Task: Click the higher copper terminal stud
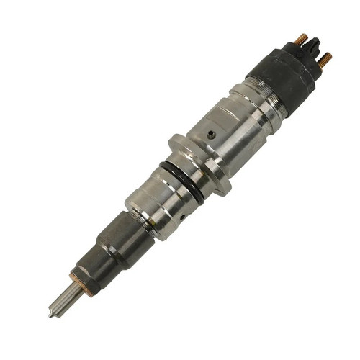tap(302, 37)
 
